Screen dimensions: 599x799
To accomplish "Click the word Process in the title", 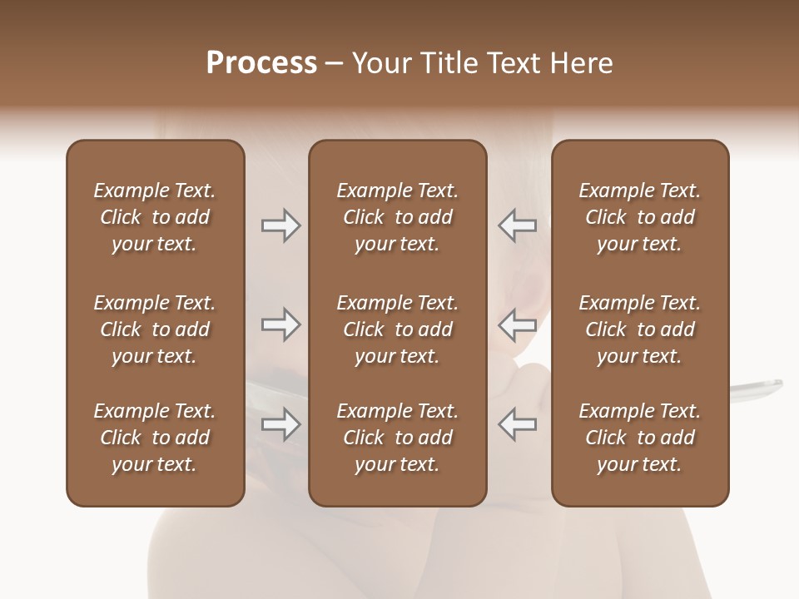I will [261, 63].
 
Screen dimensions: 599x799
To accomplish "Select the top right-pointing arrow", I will [280, 225].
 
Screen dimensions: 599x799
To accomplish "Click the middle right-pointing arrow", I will [280, 324].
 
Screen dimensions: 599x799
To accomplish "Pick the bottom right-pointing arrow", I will [280, 424].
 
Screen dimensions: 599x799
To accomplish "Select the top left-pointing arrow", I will [517, 225].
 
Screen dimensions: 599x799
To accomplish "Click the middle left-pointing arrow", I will [517, 324].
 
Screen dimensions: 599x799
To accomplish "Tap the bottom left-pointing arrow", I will [517, 424].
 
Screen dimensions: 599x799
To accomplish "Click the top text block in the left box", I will [155, 217].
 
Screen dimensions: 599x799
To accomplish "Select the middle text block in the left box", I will [155, 329].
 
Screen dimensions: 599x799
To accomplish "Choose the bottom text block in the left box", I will [155, 438].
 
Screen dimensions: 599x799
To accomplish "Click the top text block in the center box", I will [397, 217].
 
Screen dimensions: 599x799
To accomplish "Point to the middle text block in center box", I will [397, 329].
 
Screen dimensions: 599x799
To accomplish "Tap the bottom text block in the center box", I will [397, 438].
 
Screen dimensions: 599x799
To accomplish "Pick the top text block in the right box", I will [639, 217].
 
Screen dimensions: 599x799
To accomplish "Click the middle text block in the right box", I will [639, 329].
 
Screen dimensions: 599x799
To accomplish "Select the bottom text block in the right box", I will [639, 438].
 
